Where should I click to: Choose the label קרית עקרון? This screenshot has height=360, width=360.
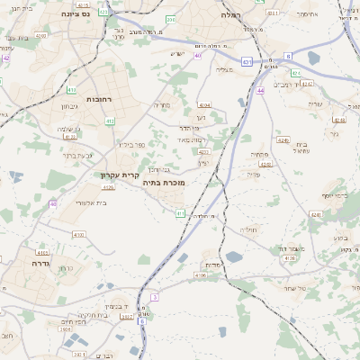[118, 176]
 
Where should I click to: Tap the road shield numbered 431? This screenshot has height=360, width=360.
[247, 62]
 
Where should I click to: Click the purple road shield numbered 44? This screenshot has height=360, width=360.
[260, 91]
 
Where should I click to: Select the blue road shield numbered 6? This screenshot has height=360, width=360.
[141, 320]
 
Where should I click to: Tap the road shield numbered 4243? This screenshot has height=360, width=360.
[283, 141]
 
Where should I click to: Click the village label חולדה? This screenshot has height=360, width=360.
[247, 229]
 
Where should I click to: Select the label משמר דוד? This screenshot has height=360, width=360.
[293, 247]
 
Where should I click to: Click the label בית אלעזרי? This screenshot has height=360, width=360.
[87, 203]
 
